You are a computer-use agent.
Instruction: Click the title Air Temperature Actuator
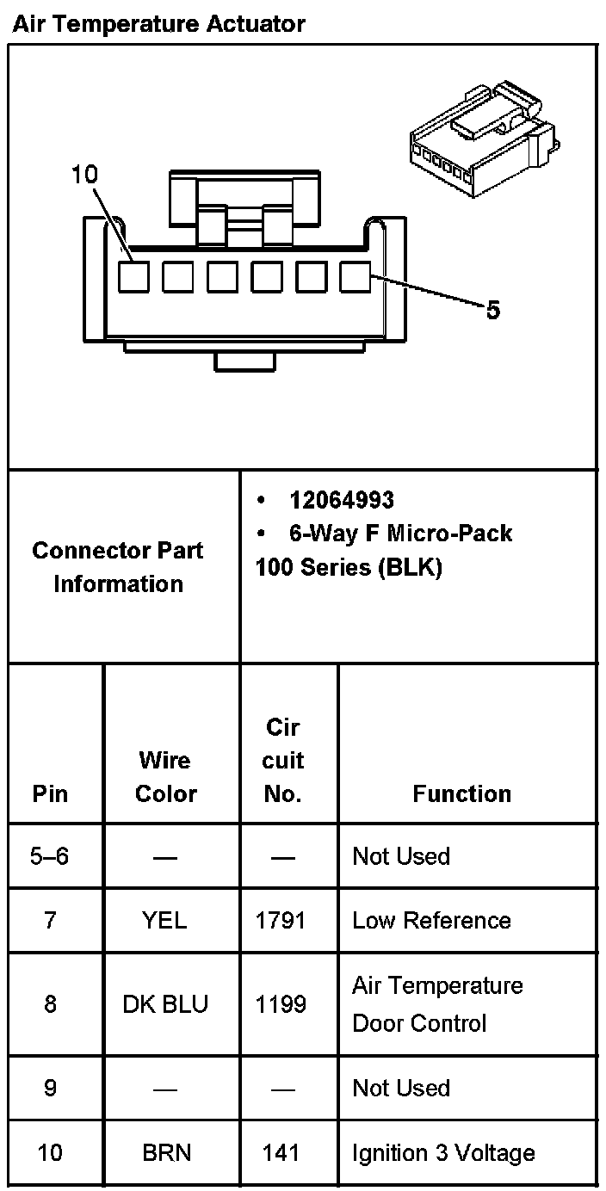158,24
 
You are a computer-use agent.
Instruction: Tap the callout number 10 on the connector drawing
84,176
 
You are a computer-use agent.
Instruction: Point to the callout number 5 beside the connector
492,310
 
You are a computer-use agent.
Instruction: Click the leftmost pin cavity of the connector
133,277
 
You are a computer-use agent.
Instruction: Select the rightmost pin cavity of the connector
355,277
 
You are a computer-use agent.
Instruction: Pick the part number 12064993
342,500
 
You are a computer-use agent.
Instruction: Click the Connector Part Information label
118,567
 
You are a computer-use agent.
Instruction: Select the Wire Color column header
165,776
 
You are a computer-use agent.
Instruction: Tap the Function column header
461,793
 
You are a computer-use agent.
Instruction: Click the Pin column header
50,793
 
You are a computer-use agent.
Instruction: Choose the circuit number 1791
281,921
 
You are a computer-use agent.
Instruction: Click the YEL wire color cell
164,921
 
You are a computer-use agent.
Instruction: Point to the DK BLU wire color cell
165,1004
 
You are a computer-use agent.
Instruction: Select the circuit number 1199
281,1004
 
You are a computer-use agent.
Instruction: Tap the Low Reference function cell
431,921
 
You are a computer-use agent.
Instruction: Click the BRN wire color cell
165,1153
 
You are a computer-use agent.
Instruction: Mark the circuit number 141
281,1153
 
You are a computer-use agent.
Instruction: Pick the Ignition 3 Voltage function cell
442,1153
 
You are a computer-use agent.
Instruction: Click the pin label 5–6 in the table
50,857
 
